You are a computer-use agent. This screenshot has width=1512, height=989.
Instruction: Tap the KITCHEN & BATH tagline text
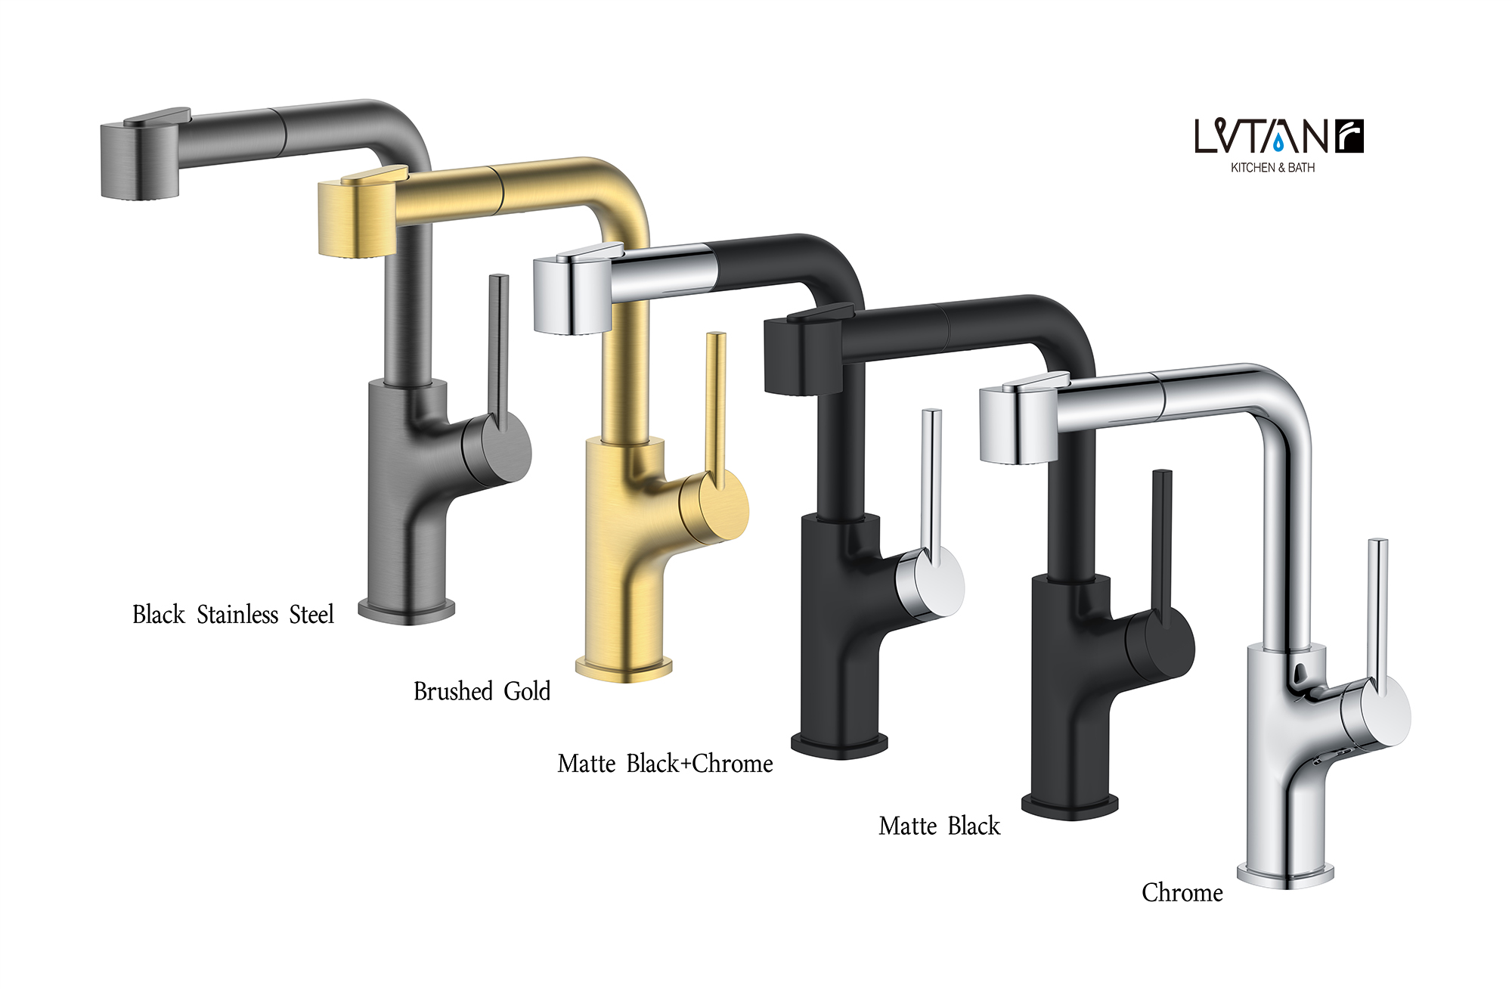1272,168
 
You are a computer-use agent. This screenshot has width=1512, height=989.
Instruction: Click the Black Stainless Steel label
233,615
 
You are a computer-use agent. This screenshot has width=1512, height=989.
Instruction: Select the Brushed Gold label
482,691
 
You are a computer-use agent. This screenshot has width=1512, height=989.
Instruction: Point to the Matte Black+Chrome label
665,764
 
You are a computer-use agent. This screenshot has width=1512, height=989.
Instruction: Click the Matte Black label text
939,826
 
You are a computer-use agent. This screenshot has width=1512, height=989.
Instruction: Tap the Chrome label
1182,893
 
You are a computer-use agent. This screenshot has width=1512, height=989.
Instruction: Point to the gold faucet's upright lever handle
714,401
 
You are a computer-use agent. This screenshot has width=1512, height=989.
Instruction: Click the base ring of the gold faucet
624,668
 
